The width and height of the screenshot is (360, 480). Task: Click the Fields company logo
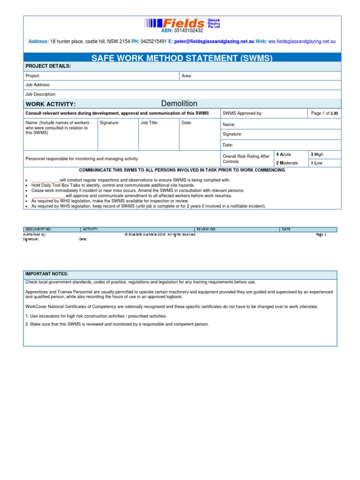[x=182, y=23]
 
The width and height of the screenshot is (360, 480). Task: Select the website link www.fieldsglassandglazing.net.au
[x=302, y=41]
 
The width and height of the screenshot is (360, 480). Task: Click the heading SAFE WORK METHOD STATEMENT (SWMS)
[x=182, y=58]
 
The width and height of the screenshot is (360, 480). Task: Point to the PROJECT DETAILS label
[x=48, y=66]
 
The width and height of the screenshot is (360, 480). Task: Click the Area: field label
[x=187, y=75]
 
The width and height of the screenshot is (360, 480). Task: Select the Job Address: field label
[x=38, y=85]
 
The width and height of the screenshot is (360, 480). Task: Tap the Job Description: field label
[x=41, y=94]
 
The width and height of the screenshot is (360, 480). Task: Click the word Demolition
[x=179, y=104]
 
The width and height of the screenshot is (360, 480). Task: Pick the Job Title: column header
[x=150, y=123]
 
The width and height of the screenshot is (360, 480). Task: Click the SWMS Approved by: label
[x=242, y=113]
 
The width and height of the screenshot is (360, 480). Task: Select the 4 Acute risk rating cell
[x=284, y=154]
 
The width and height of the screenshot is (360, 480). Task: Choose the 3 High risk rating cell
[x=317, y=154]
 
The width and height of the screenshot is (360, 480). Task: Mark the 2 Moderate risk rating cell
[x=287, y=163]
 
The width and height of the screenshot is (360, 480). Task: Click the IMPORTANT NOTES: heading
[x=47, y=274]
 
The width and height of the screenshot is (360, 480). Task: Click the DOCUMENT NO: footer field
[x=38, y=229]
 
